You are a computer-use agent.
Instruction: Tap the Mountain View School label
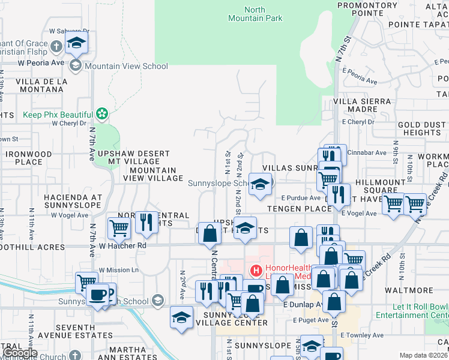tap(126, 66)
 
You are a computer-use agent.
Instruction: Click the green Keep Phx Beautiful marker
tap(102, 113)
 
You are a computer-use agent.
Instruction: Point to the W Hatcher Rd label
tap(122, 245)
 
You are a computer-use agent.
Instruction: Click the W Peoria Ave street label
tap(41, 62)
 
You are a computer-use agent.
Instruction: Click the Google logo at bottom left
tap(20, 353)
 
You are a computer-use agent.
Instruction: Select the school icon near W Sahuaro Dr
tap(76, 43)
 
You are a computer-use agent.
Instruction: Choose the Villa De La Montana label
tap(41, 85)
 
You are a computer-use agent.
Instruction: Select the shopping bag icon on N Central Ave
tap(209, 234)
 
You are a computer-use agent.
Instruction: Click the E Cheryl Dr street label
tap(357, 121)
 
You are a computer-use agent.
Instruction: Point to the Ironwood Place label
tap(29, 158)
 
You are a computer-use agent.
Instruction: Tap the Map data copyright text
tap(424, 355)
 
